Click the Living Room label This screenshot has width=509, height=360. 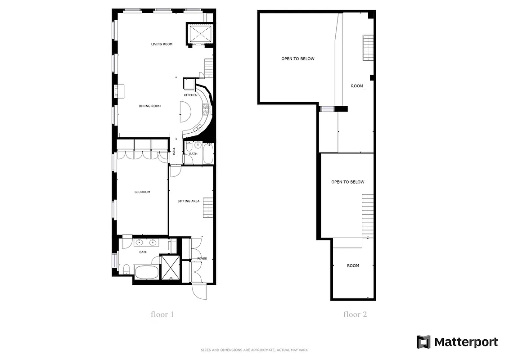coord(162,44)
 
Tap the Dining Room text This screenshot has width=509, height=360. coord(149,106)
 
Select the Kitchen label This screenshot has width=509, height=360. coord(190,95)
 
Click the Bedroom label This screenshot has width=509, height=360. coord(142,192)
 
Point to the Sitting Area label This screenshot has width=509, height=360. coord(189,201)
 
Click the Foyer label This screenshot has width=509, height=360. coord(202,259)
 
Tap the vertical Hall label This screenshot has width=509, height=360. coord(174,152)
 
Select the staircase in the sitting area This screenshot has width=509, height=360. coord(207,207)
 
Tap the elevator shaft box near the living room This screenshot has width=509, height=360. coord(200,33)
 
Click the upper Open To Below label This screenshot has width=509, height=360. coord(298,59)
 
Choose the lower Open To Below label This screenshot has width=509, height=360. coord(347,182)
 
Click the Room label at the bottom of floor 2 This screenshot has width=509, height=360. coord(353,266)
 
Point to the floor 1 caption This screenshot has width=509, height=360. coord(162,315)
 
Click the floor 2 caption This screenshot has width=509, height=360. coord(355,315)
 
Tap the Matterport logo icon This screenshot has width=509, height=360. coord(423,342)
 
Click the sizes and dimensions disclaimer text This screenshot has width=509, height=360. coord(254,350)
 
